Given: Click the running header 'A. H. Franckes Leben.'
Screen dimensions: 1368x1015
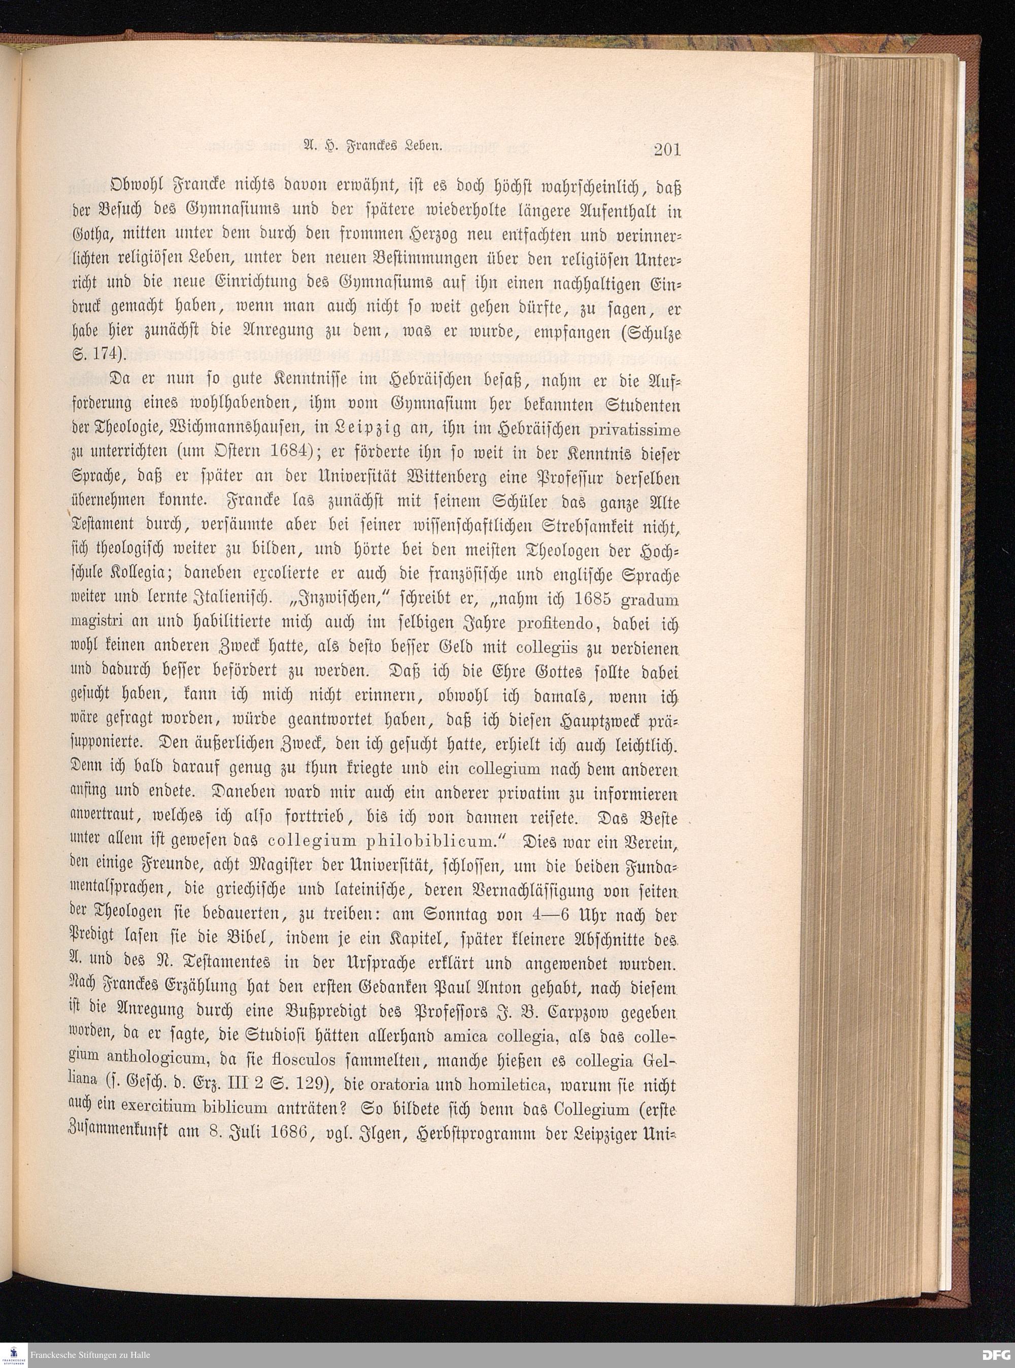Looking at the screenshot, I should (373, 147).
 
